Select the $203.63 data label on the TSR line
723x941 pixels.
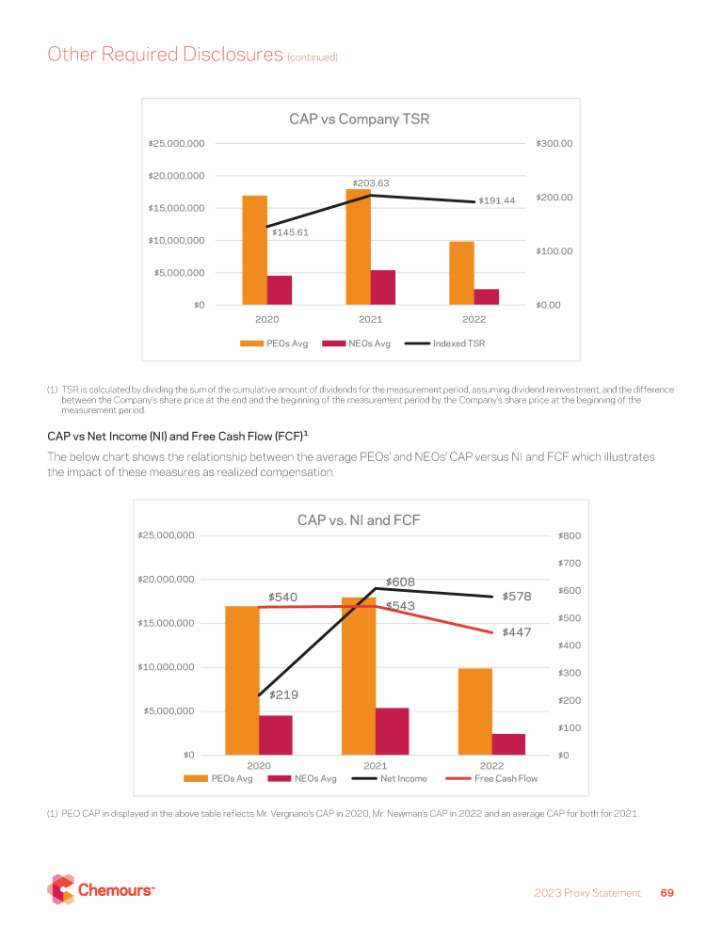pos(371,183)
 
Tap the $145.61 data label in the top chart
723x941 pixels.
pos(291,231)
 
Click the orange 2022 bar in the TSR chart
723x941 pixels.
pos(461,273)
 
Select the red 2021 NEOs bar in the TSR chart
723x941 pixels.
pos(383,287)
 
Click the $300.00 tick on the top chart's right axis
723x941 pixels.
pos(554,144)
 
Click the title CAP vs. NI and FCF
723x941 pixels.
pos(359,519)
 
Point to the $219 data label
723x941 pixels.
pos(284,695)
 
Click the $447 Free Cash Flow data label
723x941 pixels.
pos(518,632)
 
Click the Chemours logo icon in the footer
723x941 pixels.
pos(61,890)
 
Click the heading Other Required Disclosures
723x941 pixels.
pos(165,55)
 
